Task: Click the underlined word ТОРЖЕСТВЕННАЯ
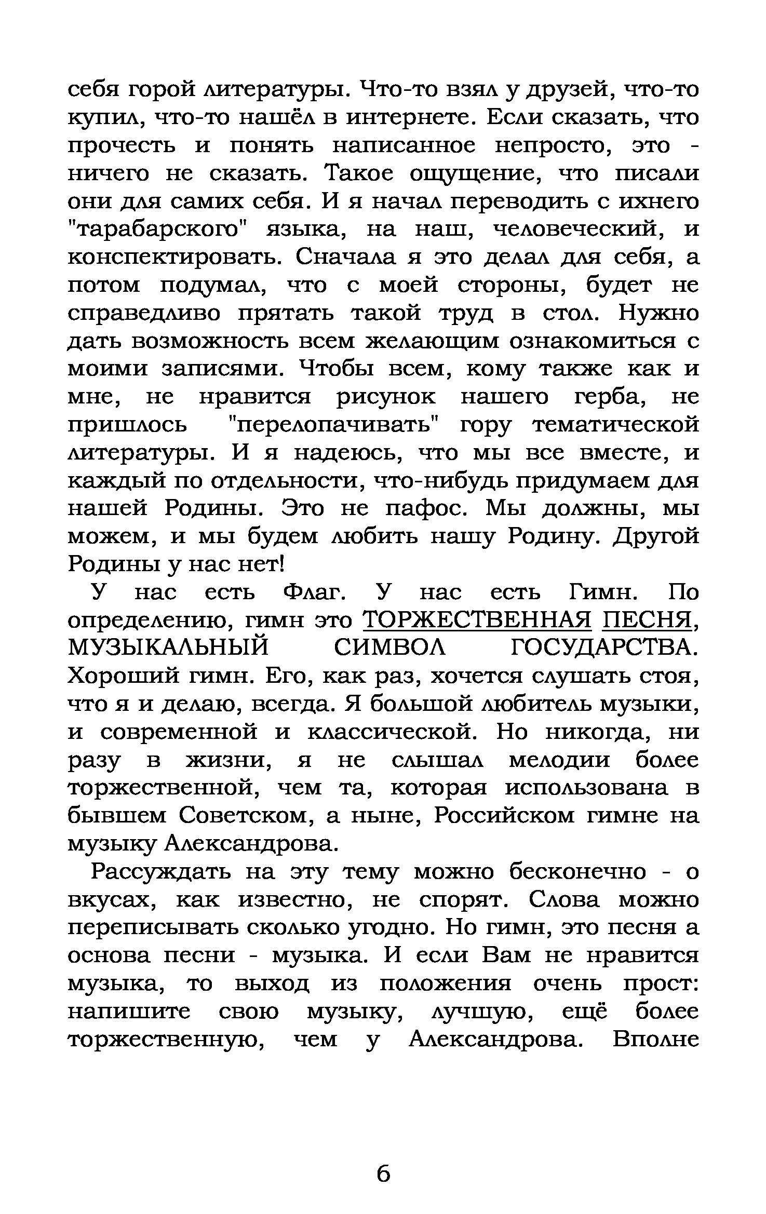(477, 620)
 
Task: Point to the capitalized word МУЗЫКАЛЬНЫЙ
(169, 648)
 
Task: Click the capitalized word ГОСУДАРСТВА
(604, 648)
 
